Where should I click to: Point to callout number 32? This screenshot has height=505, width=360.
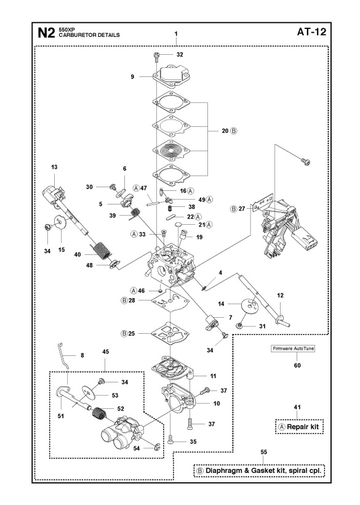click(x=180, y=55)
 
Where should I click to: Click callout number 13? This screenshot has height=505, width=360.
click(x=54, y=168)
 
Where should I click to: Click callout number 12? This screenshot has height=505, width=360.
click(x=280, y=296)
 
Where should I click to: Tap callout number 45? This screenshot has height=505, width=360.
click(x=105, y=351)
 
